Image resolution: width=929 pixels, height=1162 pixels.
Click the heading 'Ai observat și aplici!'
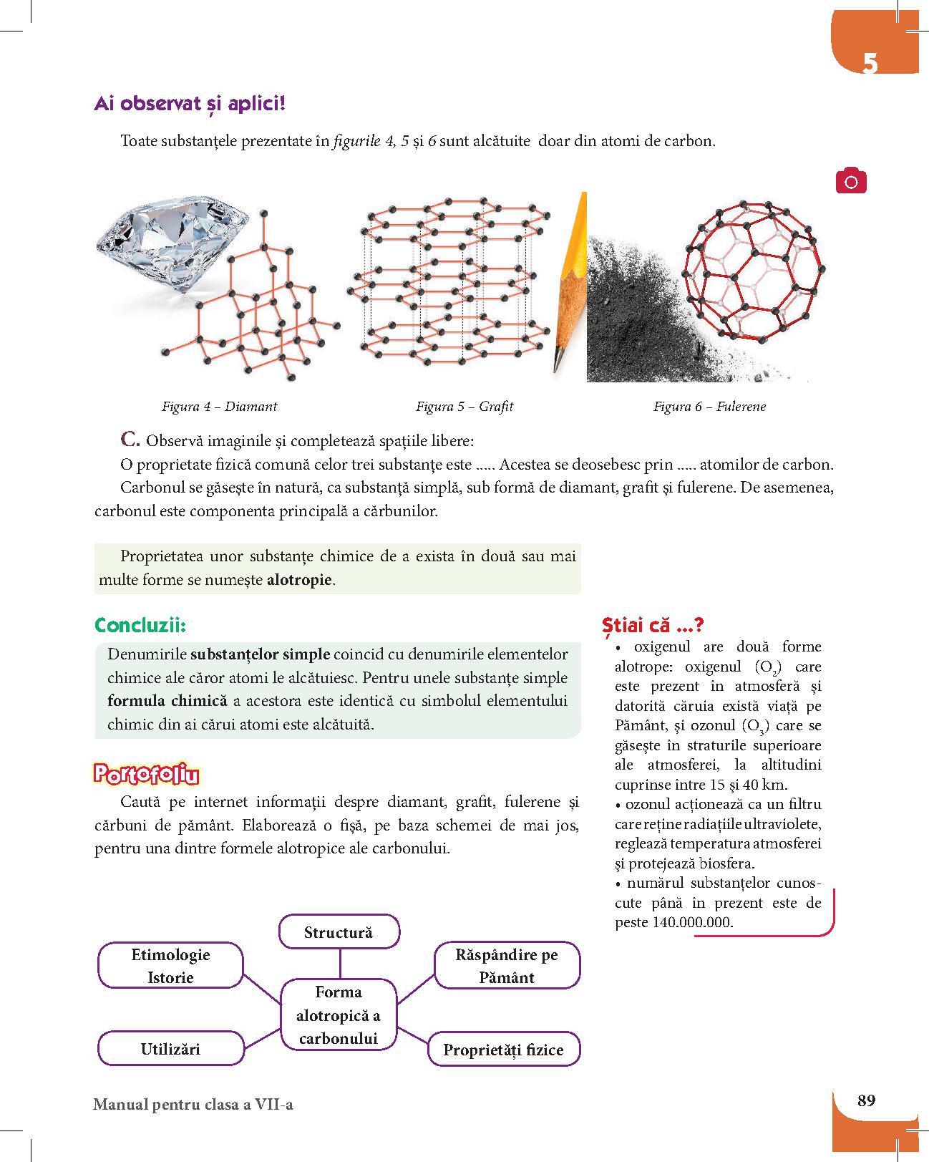click(190, 105)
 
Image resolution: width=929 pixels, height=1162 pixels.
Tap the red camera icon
click(850, 181)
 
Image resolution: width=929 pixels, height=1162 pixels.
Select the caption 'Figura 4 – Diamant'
click(219, 407)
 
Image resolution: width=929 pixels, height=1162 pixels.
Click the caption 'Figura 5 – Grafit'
click(464, 407)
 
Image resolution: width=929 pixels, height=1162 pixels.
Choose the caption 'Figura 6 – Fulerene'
click(709, 407)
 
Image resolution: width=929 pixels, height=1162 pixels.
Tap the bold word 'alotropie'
click(299, 579)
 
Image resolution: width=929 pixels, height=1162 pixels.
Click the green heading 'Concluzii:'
click(140, 625)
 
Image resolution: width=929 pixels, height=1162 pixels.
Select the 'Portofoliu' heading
click(146, 775)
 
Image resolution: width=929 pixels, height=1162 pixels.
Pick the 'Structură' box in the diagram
click(339, 932)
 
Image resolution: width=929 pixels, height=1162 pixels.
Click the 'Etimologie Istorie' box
click(170, 966)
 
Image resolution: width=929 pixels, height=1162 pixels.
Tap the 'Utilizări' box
click(170, 1049)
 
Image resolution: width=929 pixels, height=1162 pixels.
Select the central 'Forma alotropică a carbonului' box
click(339, 1015)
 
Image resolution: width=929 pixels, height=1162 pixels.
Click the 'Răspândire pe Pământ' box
click(507, 966)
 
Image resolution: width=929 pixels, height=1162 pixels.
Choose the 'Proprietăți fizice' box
click(503, 1050)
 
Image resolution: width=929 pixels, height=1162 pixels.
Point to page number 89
click(866, 1100)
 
